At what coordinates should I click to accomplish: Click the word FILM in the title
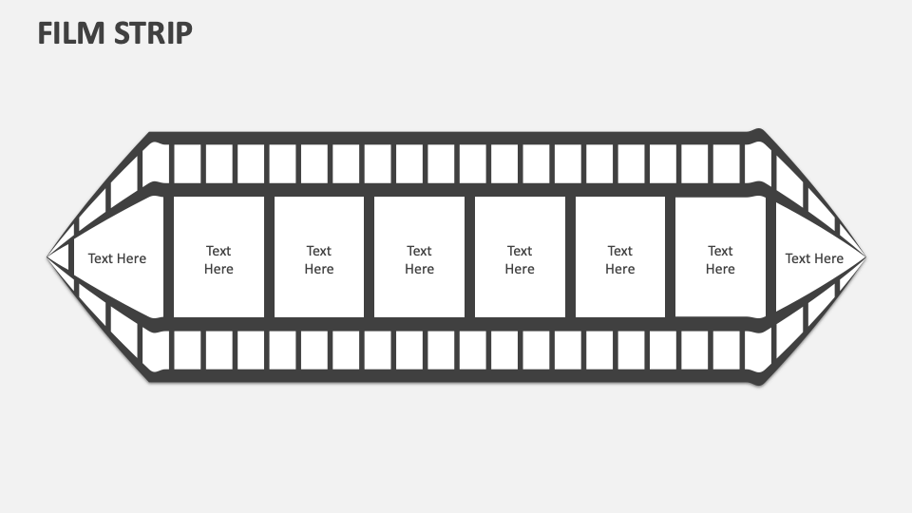[68, 33]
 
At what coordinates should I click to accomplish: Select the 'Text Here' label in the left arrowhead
[117, 258]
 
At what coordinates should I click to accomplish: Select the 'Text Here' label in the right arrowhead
[814, 258]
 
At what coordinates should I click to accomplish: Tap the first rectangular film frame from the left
[218, 256]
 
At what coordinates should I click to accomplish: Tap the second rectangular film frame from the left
[319, 256]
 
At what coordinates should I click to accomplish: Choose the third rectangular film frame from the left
[419, 256]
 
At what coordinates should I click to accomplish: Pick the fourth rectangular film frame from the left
[520, 256]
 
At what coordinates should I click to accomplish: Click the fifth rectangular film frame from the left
[619, 256]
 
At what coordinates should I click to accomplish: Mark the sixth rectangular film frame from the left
[720, 256]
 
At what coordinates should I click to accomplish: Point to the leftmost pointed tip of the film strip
[48, 256]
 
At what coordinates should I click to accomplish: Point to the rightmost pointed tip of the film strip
[865, 256]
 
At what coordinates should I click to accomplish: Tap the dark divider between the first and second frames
[269, 256]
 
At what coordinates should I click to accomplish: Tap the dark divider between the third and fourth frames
[469, 256]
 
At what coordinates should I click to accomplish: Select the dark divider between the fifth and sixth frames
[670, 256]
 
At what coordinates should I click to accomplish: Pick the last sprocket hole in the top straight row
[758, 162]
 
